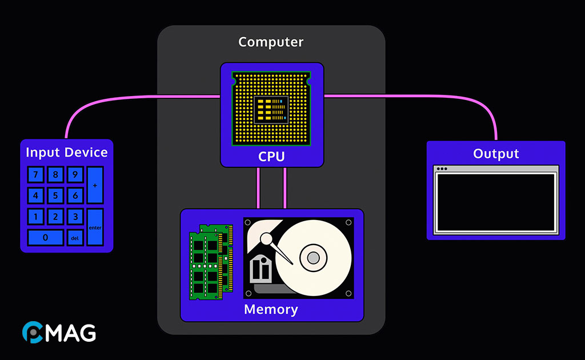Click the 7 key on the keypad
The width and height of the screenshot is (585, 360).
(35, 174)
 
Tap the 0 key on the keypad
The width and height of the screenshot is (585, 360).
(45, 237)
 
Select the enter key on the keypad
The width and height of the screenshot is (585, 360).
(95, 227)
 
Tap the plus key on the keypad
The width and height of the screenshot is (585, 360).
(95, 186)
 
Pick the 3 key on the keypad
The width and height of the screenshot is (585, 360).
(75, 217)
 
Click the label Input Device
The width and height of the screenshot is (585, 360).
(66, 153)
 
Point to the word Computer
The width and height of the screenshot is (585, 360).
(271, 42)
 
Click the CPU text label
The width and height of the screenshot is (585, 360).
(271, 157)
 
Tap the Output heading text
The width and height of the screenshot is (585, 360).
(496, 154)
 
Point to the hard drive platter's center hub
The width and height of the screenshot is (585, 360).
(313, 258)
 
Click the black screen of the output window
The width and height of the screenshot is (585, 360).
(496, 201)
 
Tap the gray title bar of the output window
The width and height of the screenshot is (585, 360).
(496, 169)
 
